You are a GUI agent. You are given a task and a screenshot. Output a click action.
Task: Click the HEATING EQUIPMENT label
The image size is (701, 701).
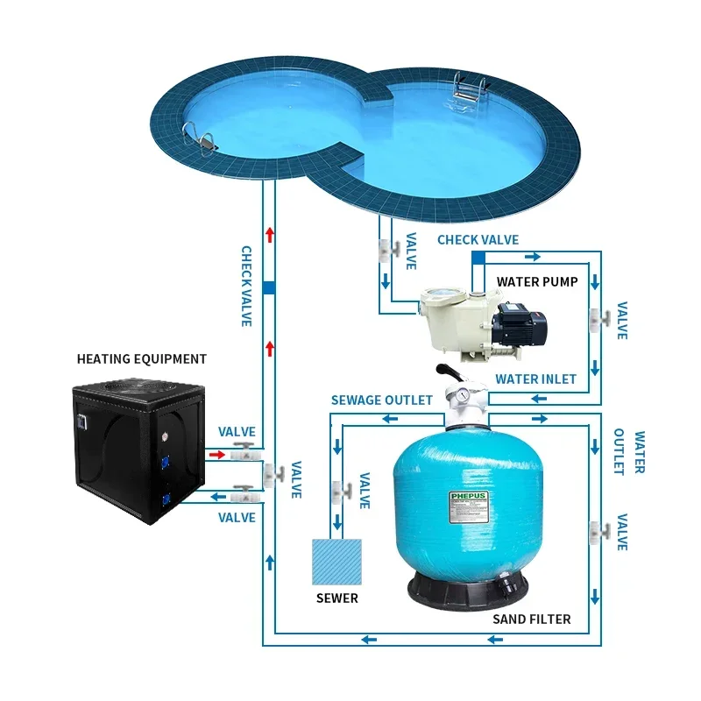142,358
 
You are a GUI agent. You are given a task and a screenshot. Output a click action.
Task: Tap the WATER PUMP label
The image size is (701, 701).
537,281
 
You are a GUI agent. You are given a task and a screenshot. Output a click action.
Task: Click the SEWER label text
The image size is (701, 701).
337,598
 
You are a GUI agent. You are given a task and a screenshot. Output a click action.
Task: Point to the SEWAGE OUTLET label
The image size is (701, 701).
381,400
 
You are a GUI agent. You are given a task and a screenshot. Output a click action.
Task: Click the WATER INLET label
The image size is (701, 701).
535,379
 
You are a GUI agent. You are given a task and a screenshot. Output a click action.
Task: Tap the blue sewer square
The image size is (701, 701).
337,562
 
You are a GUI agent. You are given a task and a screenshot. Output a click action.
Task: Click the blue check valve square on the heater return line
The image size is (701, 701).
270,287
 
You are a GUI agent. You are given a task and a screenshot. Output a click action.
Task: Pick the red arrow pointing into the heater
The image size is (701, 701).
216,455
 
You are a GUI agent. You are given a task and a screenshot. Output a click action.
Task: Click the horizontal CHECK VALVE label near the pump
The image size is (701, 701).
478,239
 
